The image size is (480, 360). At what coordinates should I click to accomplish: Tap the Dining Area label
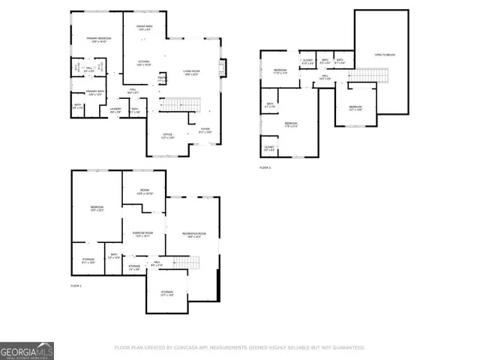pos(144,28)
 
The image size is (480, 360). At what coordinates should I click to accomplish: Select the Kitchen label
pos(143,63)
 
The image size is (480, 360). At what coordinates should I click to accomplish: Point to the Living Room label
pos(191,73)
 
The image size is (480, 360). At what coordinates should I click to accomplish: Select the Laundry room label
pos(115,110)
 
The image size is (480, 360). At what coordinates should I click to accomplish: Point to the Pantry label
pos(161,79)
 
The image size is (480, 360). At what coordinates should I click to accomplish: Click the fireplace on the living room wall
pos(221,68)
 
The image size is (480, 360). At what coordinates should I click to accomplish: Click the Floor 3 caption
pos(265,168)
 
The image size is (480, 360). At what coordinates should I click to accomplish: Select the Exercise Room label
pos(143,235)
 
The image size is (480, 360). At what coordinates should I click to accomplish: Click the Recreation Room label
pos(193,235)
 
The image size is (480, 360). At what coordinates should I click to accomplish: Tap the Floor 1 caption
pos(76,286)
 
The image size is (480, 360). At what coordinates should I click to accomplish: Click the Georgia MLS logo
pos(26,350)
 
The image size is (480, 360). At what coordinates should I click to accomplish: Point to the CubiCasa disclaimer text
pos(239,348)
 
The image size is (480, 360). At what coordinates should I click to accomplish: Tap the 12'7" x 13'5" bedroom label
pos(355,108)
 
